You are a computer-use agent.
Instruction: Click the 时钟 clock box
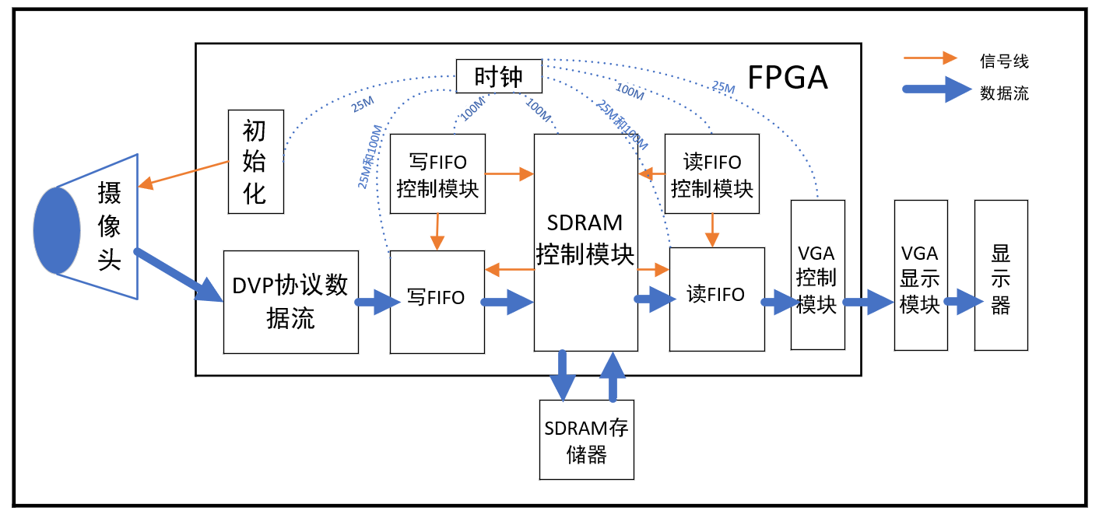(x=498, y=76)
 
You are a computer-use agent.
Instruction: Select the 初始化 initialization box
(x=255, y=161)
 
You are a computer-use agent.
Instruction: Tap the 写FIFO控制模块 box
(x=437, y=173)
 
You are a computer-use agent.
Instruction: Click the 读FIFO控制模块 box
(x=712, y=173)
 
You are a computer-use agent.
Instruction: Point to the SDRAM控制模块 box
(x=585, y=241)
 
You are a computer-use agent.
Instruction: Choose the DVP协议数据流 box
(x=290, y=302)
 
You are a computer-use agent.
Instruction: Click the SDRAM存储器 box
(x=586, y=439)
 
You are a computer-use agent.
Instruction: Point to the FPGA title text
(x=787, y=78)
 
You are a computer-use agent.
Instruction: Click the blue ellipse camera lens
(x=57, y=230)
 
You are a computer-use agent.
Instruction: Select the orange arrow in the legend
(x=929, y=58)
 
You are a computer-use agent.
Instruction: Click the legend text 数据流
(x=1004, y=93)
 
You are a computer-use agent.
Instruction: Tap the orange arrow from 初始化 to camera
(x=184, y=174)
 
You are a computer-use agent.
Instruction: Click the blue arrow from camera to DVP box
(x=177, y=275)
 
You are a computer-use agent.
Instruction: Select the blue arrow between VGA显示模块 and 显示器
(x=961, y=302)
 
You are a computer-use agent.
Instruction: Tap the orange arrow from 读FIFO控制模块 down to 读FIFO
(x=711, y=230)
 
